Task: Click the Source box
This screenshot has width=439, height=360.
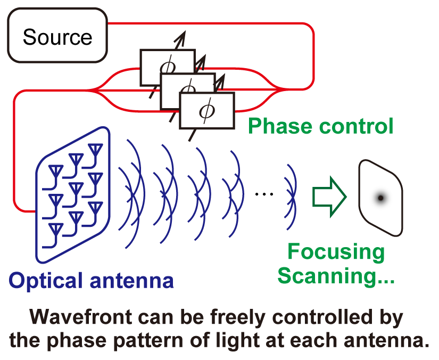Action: coord(57,35)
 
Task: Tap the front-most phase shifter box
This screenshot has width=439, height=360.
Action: coord(206,111)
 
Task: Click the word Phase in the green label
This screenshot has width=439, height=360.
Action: coord(280,126)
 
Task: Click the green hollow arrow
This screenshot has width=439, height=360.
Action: coord(329,197)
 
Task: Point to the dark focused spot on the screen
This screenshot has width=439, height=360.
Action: coord(380,198)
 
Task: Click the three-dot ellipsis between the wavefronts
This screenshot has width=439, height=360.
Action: coord(264,194)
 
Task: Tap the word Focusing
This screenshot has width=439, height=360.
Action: coord(336,252)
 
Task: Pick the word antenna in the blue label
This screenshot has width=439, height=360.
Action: coord(131,281)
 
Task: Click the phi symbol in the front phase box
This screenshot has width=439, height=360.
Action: coord(207,111)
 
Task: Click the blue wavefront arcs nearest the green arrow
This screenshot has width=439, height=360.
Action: coord(291,197)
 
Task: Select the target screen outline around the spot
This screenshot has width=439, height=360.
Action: coord(360,196)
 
